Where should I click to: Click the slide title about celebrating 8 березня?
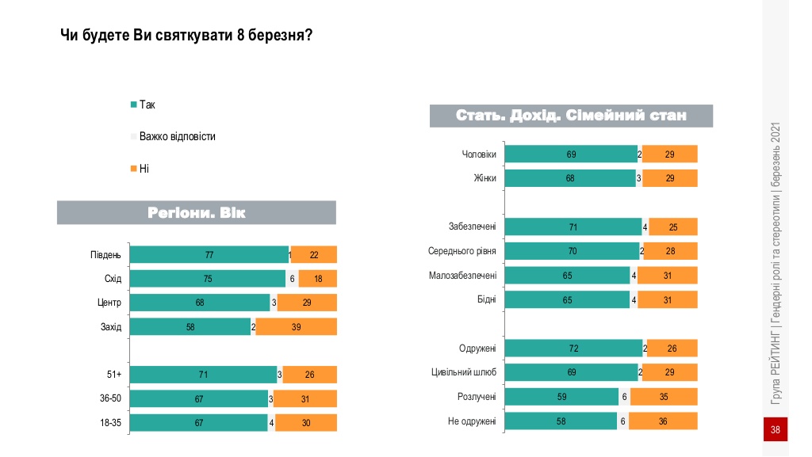(186, 36)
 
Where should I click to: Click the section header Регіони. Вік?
(197, 212)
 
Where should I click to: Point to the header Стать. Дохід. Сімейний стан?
(571, 116)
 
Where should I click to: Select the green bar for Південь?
(209, 255)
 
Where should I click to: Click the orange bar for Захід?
(296, 327)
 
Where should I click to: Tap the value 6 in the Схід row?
(292, 279)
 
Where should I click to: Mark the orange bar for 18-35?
(306, 423)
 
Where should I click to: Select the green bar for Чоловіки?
(570, 154)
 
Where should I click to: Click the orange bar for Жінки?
(670, 178)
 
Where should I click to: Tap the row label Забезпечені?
(473, 227)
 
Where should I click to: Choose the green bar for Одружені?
(573, 348)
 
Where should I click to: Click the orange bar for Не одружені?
(664, 421)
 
